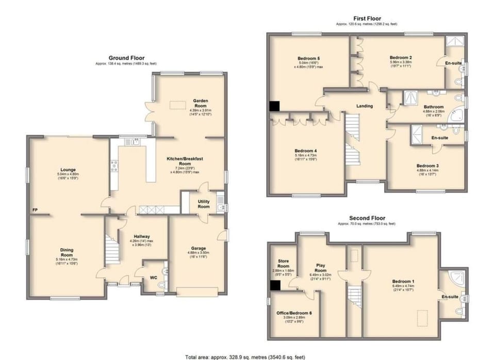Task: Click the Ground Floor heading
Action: coord(126,58)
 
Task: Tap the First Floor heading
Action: coord(367,18)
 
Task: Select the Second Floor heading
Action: coord(367,218)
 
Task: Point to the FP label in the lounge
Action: coord(35,210)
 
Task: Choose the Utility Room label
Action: coord(204,204)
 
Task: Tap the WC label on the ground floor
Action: coord(153,277)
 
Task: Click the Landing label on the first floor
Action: coord(365,106)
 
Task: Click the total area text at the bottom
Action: coord(247,356)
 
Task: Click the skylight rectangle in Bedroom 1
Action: coord(422,315)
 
